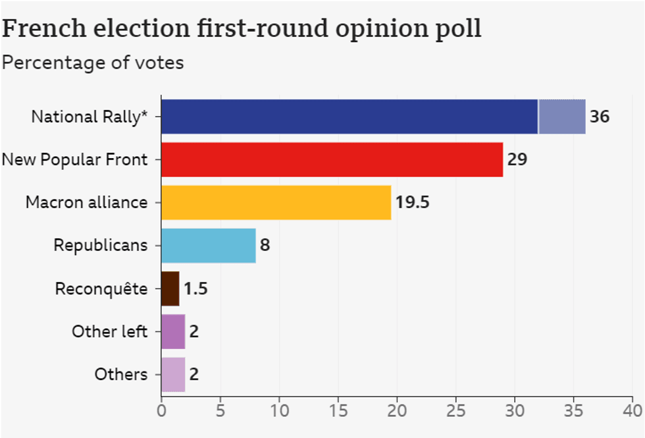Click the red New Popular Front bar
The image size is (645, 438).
click(332, 159)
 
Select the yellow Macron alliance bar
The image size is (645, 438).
click(276, 202)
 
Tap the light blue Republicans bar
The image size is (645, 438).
click(208, 245)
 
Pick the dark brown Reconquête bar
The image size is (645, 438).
click(170, 288)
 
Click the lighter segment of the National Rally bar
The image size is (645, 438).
click(562, 117)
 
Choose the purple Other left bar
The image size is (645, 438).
click(173, 331)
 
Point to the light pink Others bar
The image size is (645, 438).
click(173, 374)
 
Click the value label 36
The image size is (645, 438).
click(600, 117)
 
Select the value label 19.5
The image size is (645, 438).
click(412, 202)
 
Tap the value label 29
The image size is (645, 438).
click(517, 159)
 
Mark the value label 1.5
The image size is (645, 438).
click(195, 288)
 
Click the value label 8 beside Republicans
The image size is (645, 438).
click(265, 246)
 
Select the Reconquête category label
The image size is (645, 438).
click(101, 288)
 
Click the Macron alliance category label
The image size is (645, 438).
click(86, 202)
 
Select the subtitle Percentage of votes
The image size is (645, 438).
click(93, 63)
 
